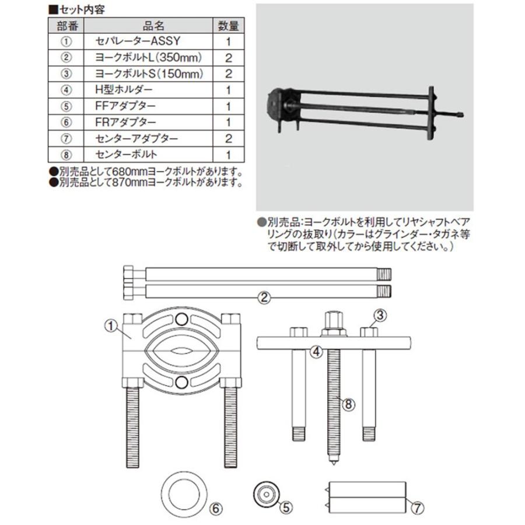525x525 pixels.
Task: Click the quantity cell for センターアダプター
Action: [x=229, y=138]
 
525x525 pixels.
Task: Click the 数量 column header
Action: [x=229, y=26]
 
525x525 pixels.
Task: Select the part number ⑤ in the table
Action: [x=65, y=106]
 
